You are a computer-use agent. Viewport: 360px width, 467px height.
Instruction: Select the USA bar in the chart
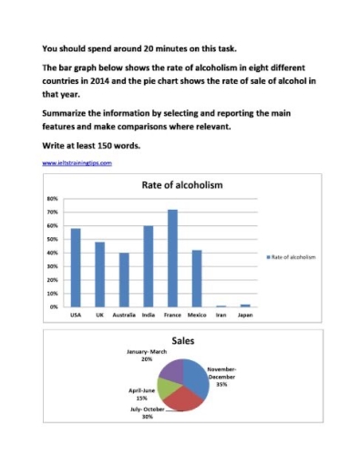[x=76, y=268]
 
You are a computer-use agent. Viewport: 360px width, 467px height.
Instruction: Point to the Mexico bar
[x=196, y=278]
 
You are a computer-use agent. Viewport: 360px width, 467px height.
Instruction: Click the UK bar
[x=99, y=275]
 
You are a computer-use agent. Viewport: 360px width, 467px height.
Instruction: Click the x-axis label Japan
[x=243, y=315]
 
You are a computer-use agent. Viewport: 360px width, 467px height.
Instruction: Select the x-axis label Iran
[x=220, y=315]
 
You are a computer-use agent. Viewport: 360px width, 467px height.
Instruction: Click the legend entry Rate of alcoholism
[x=291, y=257]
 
